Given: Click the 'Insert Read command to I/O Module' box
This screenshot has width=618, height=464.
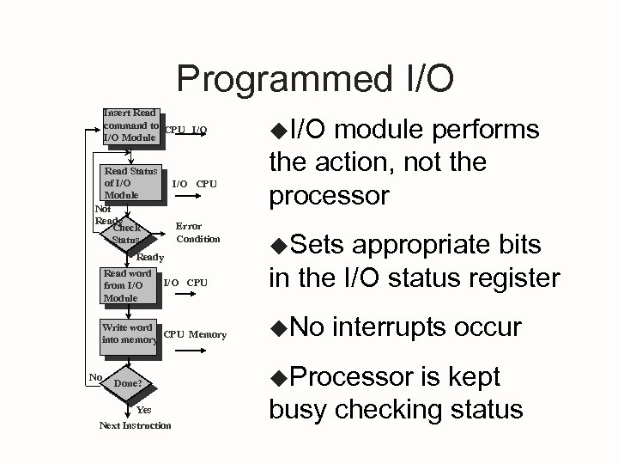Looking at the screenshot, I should pyautogui.click(x=130, y=125).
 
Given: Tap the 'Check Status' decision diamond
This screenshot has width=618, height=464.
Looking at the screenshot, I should pyautogui.click(x=126, y=234).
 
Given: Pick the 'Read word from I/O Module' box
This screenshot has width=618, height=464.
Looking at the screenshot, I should pyautogui.click(x=127, y=286).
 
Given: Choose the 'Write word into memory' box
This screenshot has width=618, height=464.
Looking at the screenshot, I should pyautogui.click(x=128, y=334).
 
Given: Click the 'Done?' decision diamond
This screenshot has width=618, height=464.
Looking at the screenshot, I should pyautogui.click(x=127, y=384).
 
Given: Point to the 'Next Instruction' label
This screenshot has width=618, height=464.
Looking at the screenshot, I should pyautogui.click(x=135, y=425).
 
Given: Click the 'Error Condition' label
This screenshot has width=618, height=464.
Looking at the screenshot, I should pyautogui.click(x=197, y=233).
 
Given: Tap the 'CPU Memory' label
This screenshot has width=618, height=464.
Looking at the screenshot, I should pyautogui.click(x=195, y=334).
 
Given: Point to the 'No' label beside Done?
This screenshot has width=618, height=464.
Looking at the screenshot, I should pyautogui.click(x=96, y=377).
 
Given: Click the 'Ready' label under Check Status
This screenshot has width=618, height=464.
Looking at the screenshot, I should pyautogui.click(x=150, y=256).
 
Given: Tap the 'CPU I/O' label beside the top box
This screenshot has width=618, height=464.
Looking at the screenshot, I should pyautogui.click(x=185, y=131).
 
